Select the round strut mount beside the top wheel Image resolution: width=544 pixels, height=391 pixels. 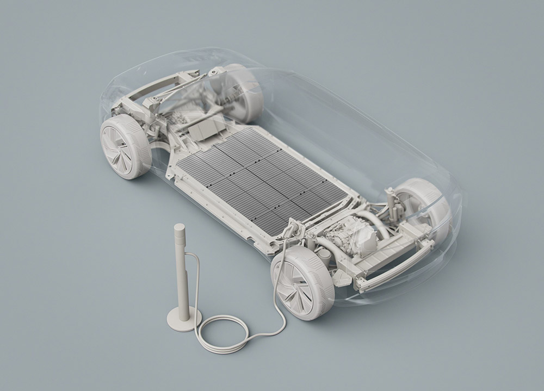pyautogui.click(x=217, y=71)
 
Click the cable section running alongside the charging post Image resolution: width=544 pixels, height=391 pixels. pyautogui.click(x=195, y=283)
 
